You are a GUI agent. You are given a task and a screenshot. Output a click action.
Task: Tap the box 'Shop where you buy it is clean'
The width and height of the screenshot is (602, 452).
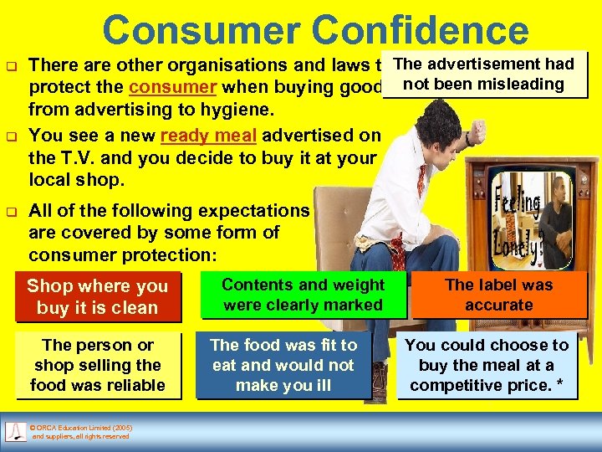pos(97,297)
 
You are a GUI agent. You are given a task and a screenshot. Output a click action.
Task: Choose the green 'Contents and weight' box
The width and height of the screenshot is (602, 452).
pos(303,295)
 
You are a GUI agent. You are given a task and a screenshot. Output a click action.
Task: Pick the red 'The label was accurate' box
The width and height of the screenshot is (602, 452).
pos(499,295)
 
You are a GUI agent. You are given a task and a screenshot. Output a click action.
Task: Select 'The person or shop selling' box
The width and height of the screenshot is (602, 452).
pos(97,365)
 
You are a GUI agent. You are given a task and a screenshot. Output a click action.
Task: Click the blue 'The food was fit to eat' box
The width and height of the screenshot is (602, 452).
pos(283,365)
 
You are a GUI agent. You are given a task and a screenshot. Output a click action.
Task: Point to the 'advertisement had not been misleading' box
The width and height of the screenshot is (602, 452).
pos(483,74)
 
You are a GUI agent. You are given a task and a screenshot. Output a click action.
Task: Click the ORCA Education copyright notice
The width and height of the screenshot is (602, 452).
pos(80,432)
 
